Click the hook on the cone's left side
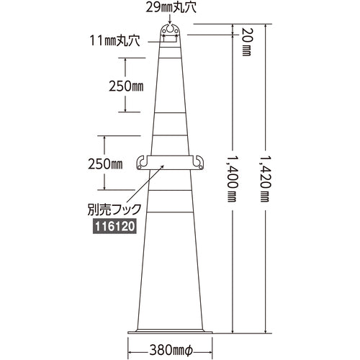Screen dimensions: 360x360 click(x=142, y=163)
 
